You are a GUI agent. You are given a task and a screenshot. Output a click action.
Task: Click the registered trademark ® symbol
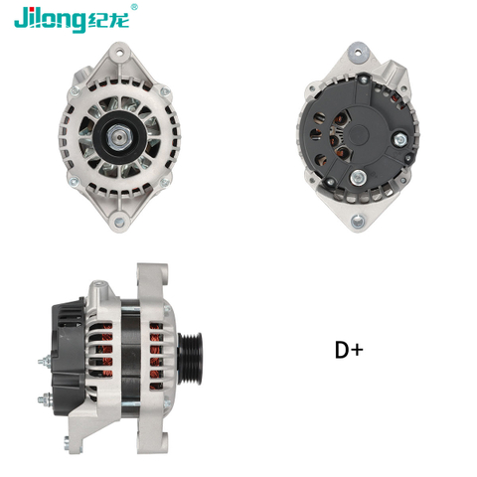point(135,7)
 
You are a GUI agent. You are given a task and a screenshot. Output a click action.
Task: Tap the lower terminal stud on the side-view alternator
point(45,400)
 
